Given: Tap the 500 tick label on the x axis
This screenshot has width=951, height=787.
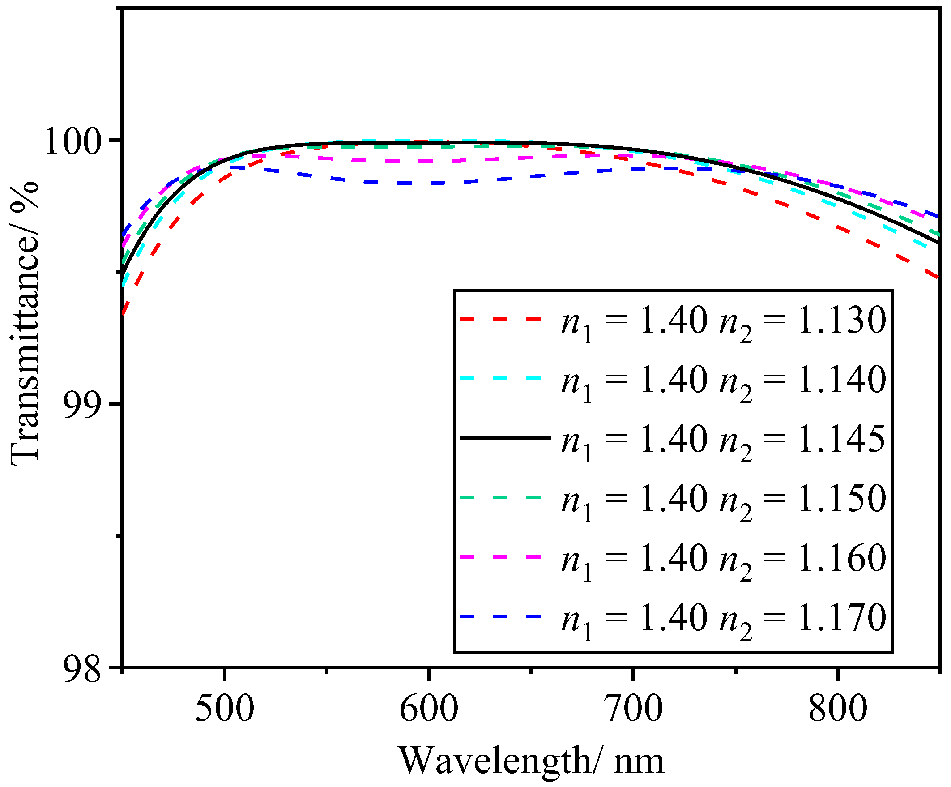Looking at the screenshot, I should point(225,708).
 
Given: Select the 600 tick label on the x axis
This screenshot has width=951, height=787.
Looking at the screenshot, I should point(429,708).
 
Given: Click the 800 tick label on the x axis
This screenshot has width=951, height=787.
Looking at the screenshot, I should point(838,708).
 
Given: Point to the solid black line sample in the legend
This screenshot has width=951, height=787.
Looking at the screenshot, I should point(505,438).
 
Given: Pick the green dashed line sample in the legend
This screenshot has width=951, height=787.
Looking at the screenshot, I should point(500,497).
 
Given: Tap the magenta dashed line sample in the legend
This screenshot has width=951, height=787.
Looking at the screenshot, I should point(500,557).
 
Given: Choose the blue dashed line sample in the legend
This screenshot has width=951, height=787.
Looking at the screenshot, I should point(500,616).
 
